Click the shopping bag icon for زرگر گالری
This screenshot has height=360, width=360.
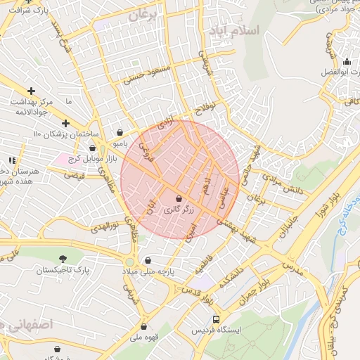[x=178, y=199]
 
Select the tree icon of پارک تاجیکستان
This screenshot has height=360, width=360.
[x=63, y=259]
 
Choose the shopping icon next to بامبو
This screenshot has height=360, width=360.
[x=120, y=131]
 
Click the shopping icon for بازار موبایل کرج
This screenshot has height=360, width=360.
[x=93, y=148]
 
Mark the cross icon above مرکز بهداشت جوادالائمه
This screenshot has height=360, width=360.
[x=31, y=91]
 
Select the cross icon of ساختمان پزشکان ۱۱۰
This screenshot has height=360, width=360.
[x=65, y=123]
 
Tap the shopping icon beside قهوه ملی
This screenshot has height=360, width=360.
[x=144, y=326]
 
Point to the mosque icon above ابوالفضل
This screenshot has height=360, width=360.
[x=346, y=61]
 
